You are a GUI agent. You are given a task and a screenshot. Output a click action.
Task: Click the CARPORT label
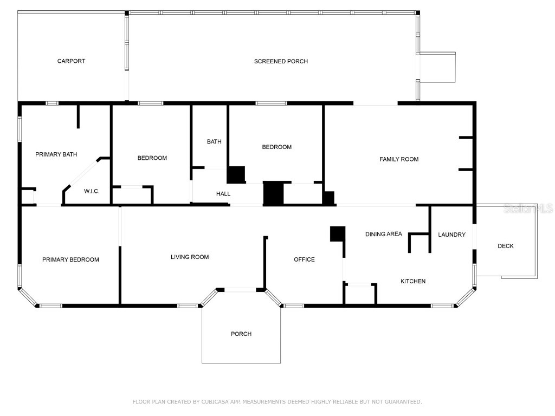tap(71, 61)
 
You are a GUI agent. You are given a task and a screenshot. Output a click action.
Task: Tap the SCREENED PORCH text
tap(281, 61)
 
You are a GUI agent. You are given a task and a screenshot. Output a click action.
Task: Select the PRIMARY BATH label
tap(56, 154)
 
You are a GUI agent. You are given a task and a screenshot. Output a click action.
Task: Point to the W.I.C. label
tap(92, 191)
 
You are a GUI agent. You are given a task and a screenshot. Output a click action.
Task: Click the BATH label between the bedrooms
tap(214, 142)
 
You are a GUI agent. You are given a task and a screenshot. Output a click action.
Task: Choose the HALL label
tap(223, 194)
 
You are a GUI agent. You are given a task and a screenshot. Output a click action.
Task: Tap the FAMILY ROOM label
tap(399, 159)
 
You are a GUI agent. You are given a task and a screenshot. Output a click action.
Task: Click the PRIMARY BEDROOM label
tap(70, 260)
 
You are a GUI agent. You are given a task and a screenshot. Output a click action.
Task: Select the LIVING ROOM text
tap(190, 257)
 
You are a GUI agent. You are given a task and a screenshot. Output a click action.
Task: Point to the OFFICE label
tap(304, 259)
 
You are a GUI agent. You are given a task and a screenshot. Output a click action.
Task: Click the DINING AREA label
tap(383, 234)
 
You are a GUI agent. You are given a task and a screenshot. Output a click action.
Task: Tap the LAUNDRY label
tap(451, 235)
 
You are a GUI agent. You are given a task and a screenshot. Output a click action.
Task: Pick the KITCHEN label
tap(413, 281)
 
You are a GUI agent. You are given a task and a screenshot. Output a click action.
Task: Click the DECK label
tap(505, 246)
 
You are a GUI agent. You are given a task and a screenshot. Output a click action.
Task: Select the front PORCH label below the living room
tap(241, 334)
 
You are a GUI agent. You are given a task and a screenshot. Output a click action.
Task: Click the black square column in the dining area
tap(337, 233)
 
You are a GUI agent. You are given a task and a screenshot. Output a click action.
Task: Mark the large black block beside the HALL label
tap(274, 193)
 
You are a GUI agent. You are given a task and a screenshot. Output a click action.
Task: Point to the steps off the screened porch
tap(438, 67)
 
